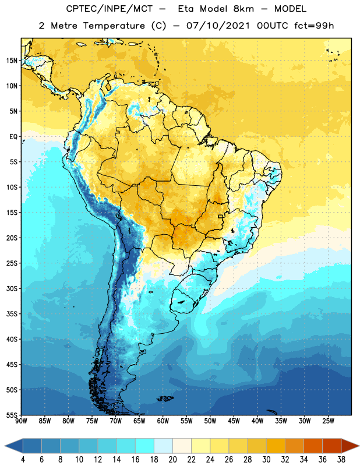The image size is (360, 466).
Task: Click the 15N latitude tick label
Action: [x=12, y=61]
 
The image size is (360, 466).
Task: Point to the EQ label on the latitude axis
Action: [x=13, y=137]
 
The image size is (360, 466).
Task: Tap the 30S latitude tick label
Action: [x=12, y=288]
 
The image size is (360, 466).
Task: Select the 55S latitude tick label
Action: [x=12, y=415]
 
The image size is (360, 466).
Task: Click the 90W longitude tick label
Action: [x=21, y=421]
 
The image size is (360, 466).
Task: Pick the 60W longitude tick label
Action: [x=163, y=421]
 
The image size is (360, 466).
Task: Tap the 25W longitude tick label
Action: [x=328, y=421]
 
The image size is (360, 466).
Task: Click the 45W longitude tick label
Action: [x=234, y=421]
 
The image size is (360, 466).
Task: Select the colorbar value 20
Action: [x=172, y=460]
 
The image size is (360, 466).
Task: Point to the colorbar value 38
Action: [x=341, y=460]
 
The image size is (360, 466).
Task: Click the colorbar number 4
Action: [x=23, y=460]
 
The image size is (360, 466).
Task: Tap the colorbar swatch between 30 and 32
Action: [x=276, y=446]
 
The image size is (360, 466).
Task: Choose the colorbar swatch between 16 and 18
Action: [x=145, y=446]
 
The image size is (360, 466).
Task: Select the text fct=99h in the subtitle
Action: [x=314, y=26]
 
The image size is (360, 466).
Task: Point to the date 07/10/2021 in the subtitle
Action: [x=218, y=26]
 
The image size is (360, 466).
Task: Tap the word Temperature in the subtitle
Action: [x=114, y=26]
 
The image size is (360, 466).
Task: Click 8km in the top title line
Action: [x=243, y=9]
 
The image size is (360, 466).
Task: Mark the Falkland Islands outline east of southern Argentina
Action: [x=165, y=398]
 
